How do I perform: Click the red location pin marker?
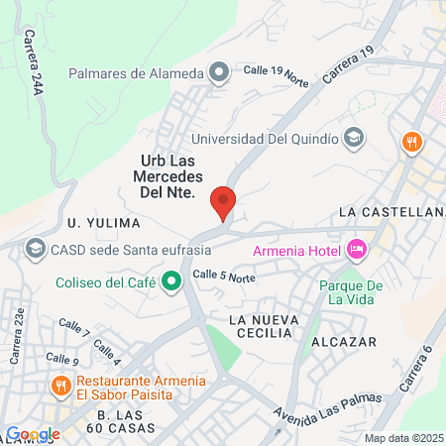point(224,203)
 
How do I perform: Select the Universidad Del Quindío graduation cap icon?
point(353,138)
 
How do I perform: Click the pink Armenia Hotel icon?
point(357,250)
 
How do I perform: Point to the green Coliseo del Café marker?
point(171,281)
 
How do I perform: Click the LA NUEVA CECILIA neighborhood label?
point(262,326)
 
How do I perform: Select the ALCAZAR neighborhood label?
point(345,341)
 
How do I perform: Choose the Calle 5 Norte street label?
point(224,277)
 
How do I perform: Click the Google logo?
point(33,433)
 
